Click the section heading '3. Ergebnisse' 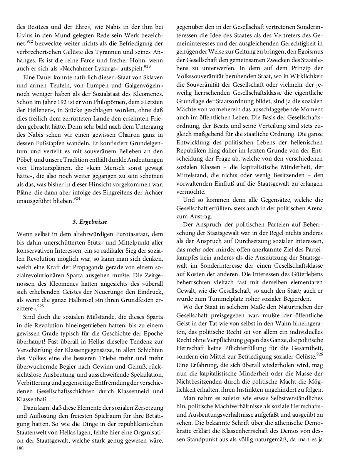click(90, 222)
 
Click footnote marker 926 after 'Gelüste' click(319, 354)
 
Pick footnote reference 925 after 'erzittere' click(41, 295)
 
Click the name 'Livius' click(26, 35)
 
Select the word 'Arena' click(296, 208)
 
